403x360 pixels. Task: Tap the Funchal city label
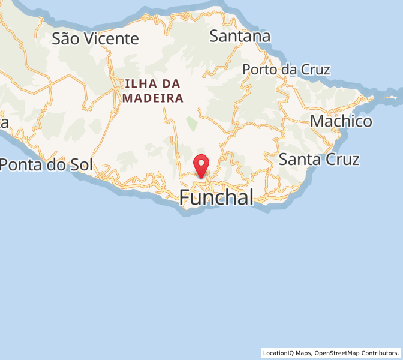[x=216, y=197]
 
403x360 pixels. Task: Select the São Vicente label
[x=95, y=39]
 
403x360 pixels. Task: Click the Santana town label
[x=239, y=37]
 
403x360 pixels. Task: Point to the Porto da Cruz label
[x=285, y=70]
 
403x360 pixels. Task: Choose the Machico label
[x=341, y=121]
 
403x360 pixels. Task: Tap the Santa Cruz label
[x=319, y=160]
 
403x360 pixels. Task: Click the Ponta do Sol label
[x=46, y=164]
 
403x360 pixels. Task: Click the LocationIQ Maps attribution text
[x=287, y=353]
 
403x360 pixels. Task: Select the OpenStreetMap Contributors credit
[x=356, y=353]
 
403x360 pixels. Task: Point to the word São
[x=64, y=39]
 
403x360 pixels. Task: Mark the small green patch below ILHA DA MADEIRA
[x=191, y=124]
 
